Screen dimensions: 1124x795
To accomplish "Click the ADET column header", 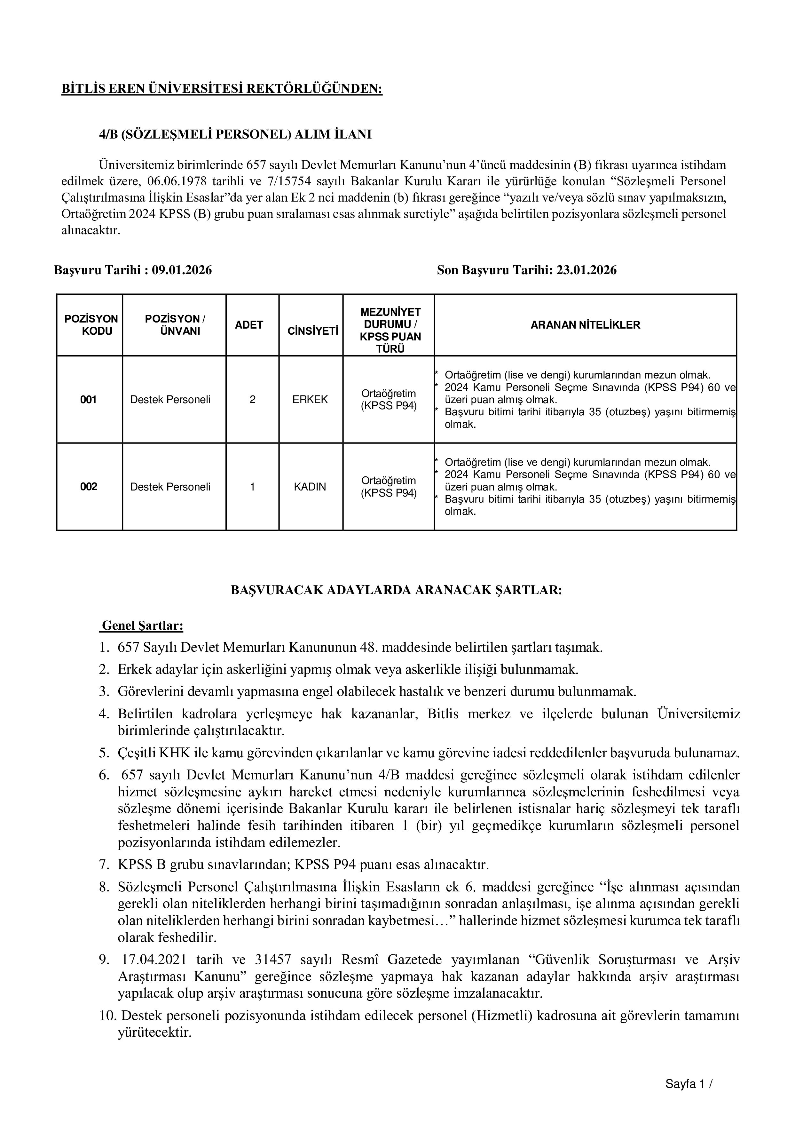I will (249, 325).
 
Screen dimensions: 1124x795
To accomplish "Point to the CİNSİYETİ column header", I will (313, 331).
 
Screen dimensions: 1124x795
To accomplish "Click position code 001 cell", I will (89, 400).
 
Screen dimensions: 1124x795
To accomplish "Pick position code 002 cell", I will (89, 487).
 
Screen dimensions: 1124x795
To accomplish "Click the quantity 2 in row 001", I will (253, 400).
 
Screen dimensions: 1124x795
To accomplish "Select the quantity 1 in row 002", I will (253, 487).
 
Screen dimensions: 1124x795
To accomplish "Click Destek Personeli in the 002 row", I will (170, 487).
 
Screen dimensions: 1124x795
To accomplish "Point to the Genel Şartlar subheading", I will (142, 626).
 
